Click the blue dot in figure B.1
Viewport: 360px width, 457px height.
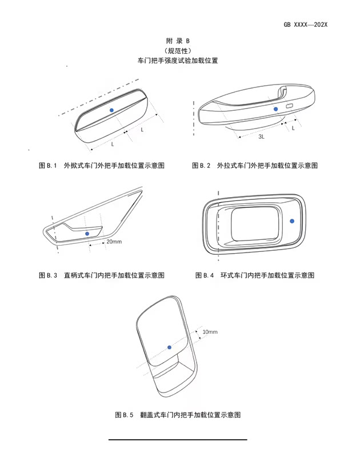coord(111,110)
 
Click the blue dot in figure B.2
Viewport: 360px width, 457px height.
coord(276,109)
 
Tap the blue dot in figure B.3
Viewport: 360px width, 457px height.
coord(87,234)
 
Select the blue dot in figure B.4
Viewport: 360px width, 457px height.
coord(292,221)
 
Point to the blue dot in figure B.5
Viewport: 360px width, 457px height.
coord(169,347)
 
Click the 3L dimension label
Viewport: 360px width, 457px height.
coord(262,137)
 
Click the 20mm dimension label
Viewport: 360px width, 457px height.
coord(114,242)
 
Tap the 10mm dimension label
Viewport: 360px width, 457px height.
coord(210,332)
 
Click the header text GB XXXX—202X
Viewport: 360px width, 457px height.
coord(306,25)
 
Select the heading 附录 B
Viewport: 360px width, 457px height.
coord(178,41)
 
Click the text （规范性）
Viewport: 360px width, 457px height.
coord(178,51)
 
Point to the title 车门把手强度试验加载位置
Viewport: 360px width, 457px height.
coord(178,61)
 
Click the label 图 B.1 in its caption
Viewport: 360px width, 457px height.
coord(48,166)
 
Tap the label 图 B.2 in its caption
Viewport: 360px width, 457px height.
coord(201,166)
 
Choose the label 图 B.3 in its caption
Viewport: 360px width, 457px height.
coord(48,275)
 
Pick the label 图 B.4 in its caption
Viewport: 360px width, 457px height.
coord(205,275)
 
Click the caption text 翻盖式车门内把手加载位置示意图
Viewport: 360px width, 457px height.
coord(190,415)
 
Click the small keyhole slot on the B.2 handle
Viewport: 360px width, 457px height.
coord(290,106)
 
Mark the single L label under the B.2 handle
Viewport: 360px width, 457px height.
coord(293,128)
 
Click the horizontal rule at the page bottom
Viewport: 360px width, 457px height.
coord(178,439)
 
